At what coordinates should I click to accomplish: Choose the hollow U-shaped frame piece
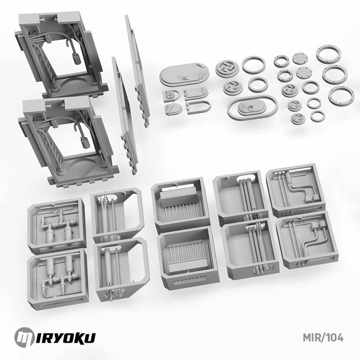pyautogui.click(x=198, y=107)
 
